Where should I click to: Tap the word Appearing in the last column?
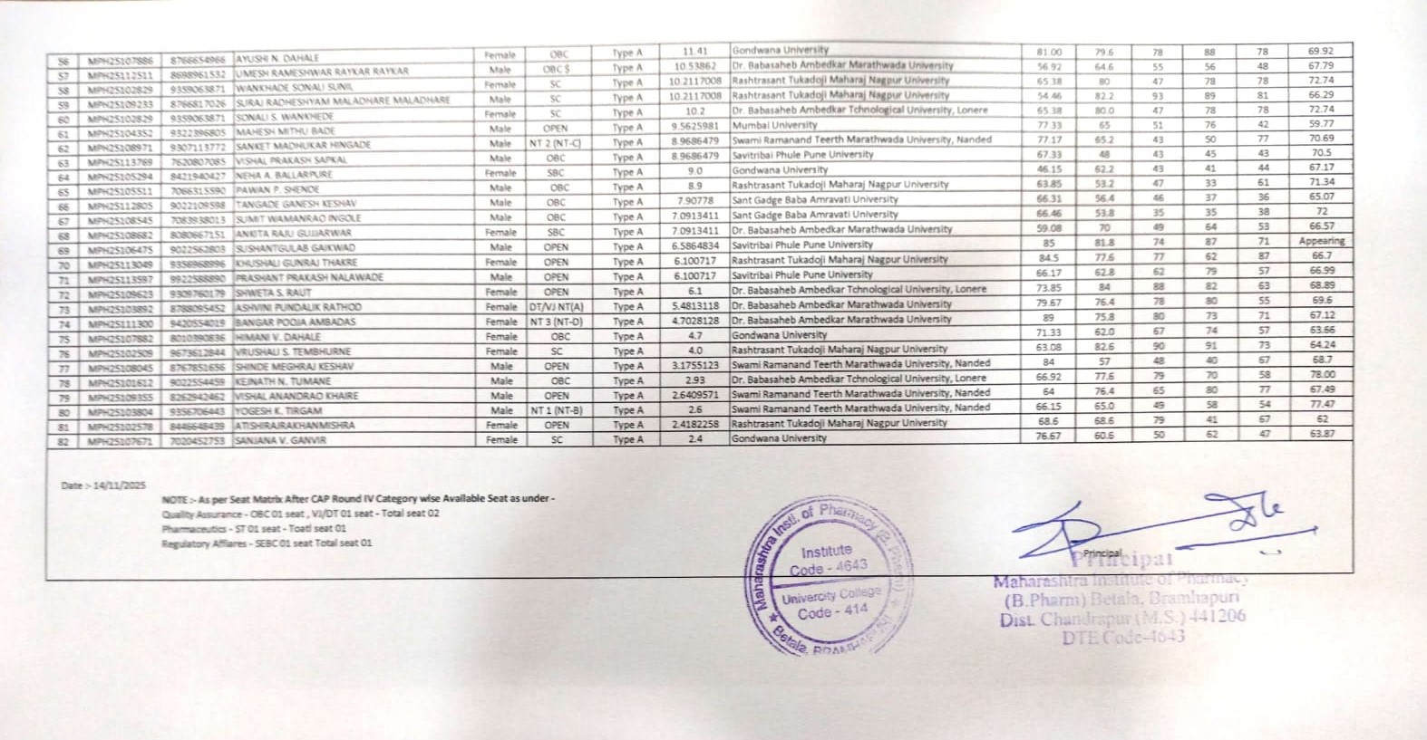point(1321,241)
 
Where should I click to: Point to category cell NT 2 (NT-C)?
point(556,143)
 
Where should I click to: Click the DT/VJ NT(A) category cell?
point(556,306)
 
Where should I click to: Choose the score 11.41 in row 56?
point(694,52)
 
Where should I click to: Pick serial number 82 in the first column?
point(63,441)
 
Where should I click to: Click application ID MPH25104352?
point(121,131)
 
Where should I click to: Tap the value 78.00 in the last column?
point(1321,374)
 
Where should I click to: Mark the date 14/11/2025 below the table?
point(103,485)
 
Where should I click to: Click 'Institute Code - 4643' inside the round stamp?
point(827,560)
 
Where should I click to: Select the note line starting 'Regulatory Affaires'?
point(267,543)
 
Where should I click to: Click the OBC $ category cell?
point(556,69)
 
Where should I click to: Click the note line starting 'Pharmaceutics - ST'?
point(254,529)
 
